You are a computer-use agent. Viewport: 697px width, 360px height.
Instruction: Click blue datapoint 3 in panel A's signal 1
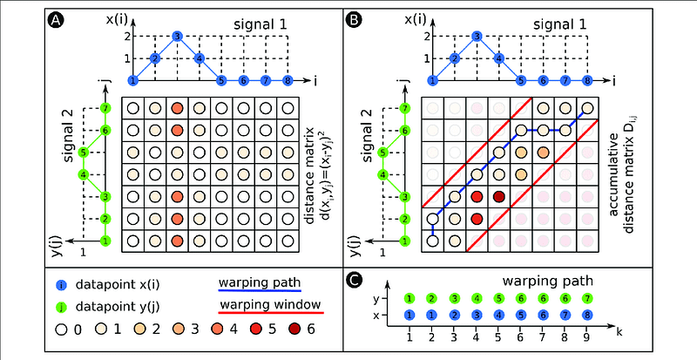click(177, 37)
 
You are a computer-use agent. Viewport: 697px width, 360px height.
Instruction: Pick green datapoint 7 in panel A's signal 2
click(106, 109)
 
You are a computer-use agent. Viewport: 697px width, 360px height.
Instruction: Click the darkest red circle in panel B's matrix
click(498, 197)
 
